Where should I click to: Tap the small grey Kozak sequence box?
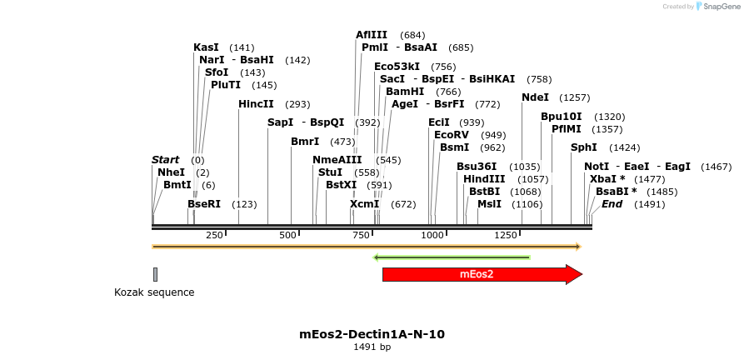[155, 274]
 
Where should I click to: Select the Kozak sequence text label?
[154, 292]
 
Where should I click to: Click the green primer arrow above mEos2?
[452, 257]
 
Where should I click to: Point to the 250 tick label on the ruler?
[214, 236]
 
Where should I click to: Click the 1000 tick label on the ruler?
[433, 236]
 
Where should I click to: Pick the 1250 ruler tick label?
[506, 236]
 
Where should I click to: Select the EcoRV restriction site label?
[452, 135]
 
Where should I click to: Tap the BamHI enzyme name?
[405, 92]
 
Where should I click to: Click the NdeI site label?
[535, 97]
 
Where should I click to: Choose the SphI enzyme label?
[583, 147]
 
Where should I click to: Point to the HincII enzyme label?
[256, 104]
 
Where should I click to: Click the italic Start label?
[165, 160]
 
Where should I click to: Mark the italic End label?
[612, 204]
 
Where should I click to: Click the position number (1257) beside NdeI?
[574, 98]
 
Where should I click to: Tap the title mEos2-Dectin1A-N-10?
[372, 334]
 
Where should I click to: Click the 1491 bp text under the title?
[372, 347]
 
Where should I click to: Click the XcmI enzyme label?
[364, 204]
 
